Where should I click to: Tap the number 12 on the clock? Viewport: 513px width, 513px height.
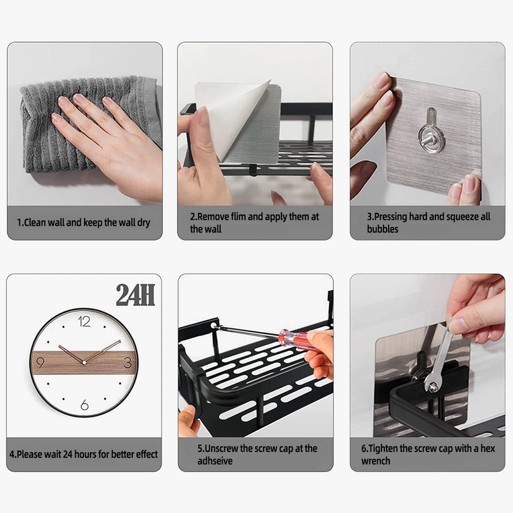tap(84, 322)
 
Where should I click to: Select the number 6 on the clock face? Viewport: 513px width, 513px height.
tap(85, 405)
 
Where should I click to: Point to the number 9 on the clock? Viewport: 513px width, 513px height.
tap(40, 362)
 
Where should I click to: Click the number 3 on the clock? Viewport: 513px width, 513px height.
tap(128, 362)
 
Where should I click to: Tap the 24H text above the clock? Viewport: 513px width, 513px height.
tap(135, 295)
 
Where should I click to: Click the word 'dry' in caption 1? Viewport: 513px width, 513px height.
tap(143, 223)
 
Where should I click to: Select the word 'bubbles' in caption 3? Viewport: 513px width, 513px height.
tap(382, 229)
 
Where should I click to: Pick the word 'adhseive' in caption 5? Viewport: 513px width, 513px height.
tap(215, 461)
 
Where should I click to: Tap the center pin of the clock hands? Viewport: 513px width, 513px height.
tap(84, 362)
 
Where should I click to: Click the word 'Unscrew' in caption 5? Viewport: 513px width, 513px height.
tap(221, 448)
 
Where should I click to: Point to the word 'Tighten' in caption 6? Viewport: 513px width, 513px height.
tap(383, 449)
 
